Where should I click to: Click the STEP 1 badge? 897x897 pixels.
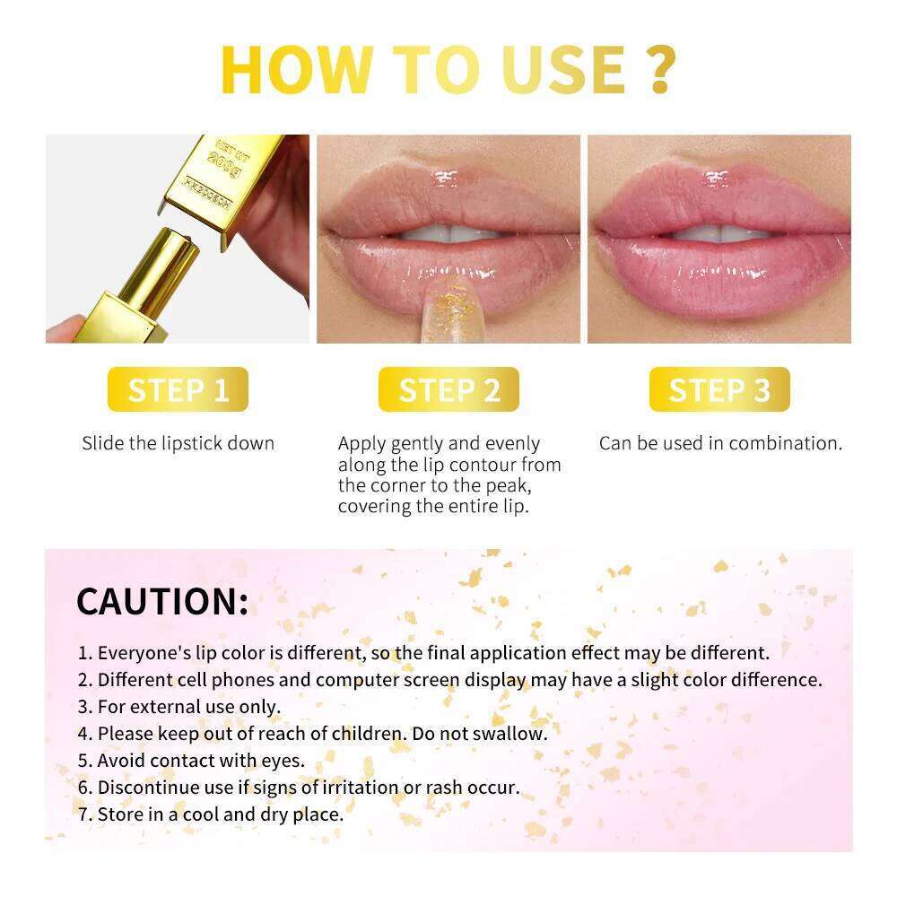(178, 390)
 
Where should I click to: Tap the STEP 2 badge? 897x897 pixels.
(448, 390)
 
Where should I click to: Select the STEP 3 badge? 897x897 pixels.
(719, 390)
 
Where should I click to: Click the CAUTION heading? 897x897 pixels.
(162, 601)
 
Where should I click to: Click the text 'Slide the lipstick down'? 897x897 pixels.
(178, 443)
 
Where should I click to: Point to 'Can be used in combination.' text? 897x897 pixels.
(720, 443)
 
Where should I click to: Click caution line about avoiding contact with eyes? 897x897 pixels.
(201, 761)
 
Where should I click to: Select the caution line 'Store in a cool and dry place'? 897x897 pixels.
(220, 814)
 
